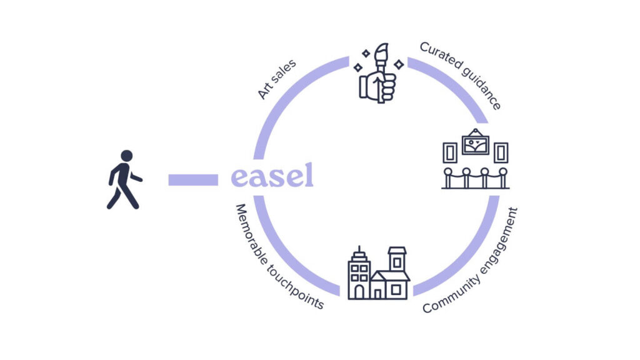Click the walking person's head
click(126, 156)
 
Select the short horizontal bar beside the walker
click(192, 180)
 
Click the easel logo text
click(272, 176)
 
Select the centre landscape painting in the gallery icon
click(475, 144)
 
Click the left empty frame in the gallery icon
click(449, 152)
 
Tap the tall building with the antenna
click(359, 275)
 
